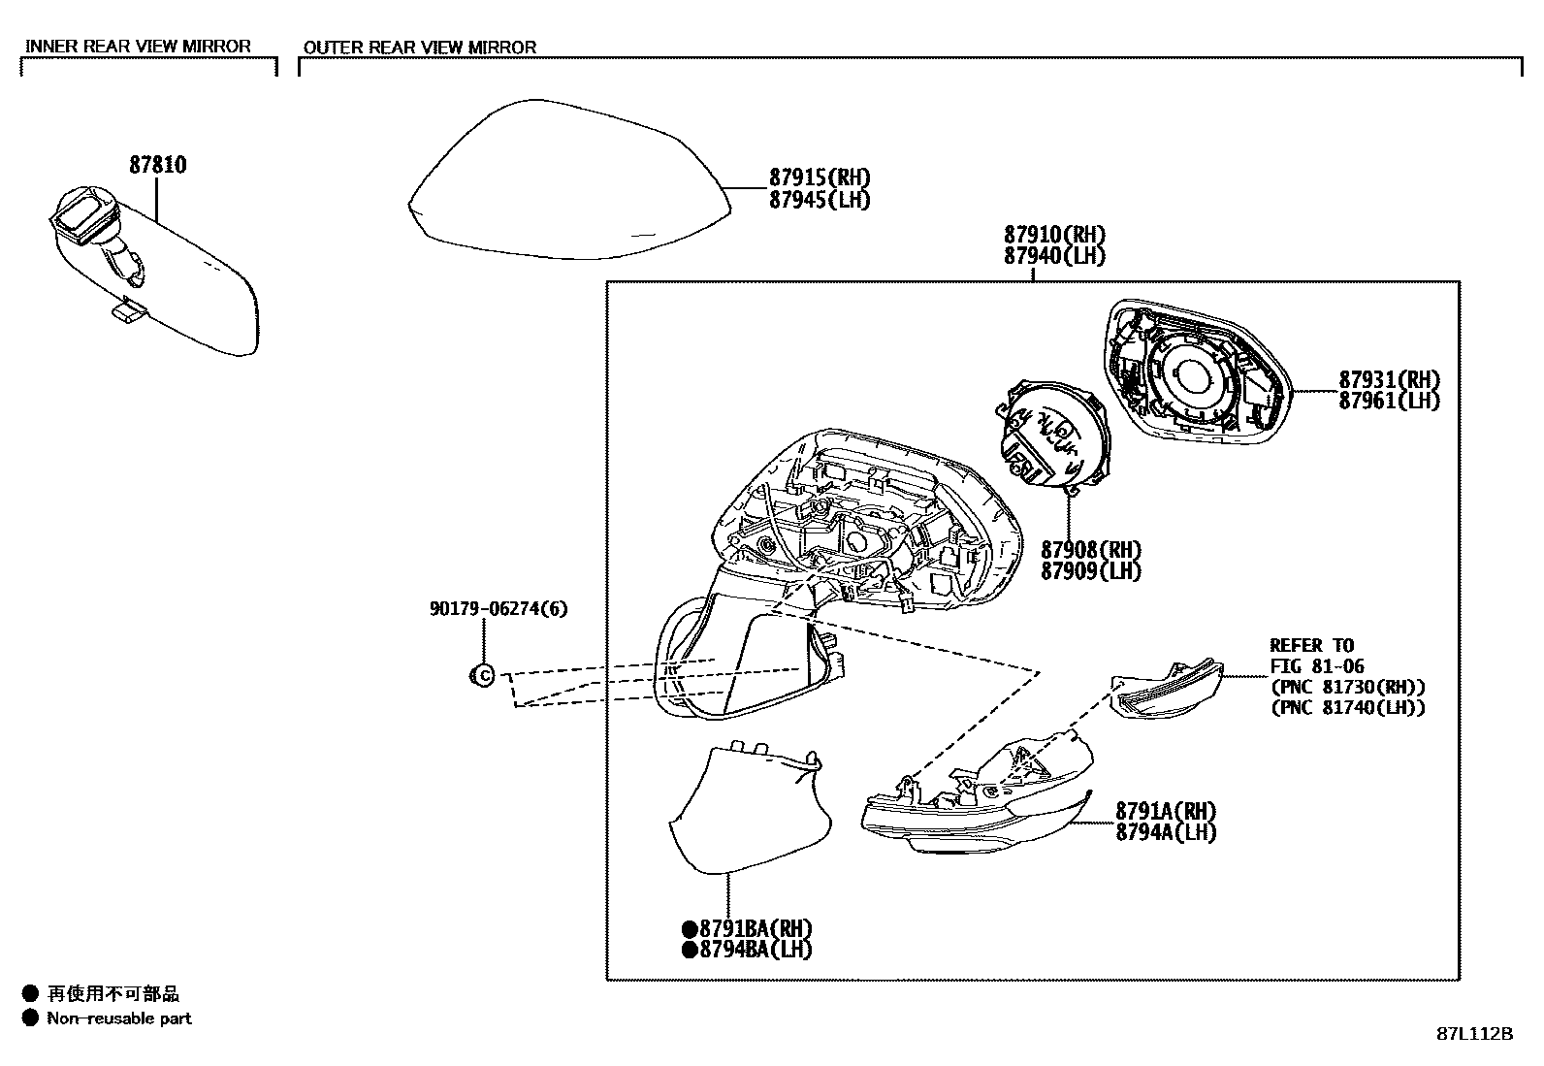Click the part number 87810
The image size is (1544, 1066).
point(158,165)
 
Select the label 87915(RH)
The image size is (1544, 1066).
point(820,178)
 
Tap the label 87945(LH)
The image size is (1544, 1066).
point(820,200)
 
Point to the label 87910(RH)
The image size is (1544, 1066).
point(1054,235)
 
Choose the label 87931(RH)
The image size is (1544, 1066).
point(1389,379)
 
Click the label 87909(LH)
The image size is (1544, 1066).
point(1091,571)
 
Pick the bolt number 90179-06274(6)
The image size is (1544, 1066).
point(499,609)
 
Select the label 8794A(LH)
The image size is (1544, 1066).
point(1165,832)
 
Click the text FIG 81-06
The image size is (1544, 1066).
point(1316,666)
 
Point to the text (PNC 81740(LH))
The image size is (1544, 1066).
point(1347,708)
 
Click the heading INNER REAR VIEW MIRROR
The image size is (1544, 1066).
point(138,47)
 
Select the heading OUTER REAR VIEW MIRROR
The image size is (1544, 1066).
point(420,48)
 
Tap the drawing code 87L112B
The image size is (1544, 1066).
point(1474,1033)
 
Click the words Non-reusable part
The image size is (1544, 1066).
point(119,1018)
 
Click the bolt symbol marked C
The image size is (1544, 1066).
point(482,675)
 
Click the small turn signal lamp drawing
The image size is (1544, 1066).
point(1167,690)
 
